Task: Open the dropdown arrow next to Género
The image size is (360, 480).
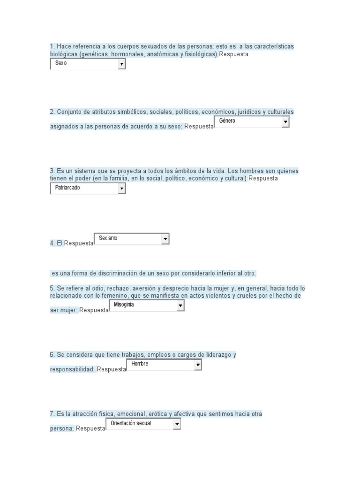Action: coord(285,122)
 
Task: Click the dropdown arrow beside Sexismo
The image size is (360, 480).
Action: coord(165,239)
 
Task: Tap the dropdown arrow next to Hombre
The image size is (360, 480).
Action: coord(198,365)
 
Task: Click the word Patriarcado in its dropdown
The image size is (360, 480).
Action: coord(67,188)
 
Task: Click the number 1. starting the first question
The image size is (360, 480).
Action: coord(52,46)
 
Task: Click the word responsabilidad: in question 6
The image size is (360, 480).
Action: coord(72,369)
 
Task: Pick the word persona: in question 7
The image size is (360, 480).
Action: coord(62,428)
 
